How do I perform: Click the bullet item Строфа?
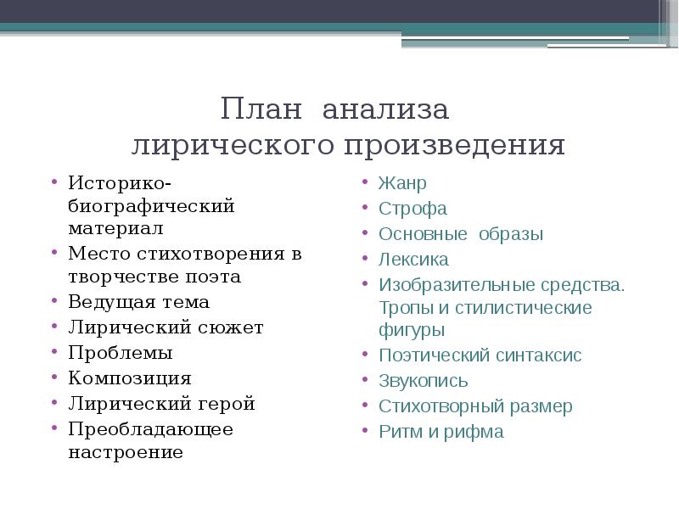(x=412, y=209)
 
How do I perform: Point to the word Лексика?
(x=413, y=260)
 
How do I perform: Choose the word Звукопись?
(x=423, y=381)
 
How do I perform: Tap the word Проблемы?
(x=121, y=353)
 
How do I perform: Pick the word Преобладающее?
(x=150, y=429)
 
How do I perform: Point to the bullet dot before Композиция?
(x=54, y=378)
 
